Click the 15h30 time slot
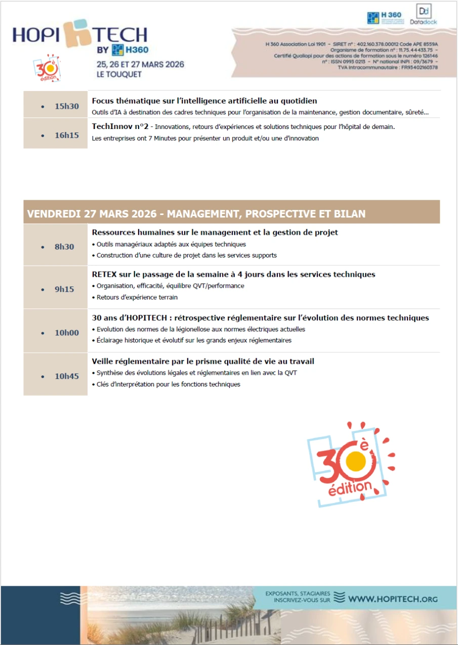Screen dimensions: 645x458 (66, 106)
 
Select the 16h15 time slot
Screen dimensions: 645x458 (66, 135)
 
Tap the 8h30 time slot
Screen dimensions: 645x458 (64, 247)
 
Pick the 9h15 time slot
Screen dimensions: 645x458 (64, 289)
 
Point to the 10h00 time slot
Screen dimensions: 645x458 (66, 333)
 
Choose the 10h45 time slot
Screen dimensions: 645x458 (66, 376)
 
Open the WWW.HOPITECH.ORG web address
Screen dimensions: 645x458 (393, 599)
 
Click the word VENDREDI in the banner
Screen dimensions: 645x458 (54, 213)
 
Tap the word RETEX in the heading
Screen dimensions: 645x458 (105, 275)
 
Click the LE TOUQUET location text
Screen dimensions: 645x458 (120, 74)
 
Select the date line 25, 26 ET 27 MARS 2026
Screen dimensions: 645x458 (140, 65)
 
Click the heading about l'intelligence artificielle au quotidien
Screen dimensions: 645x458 (204, 101)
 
